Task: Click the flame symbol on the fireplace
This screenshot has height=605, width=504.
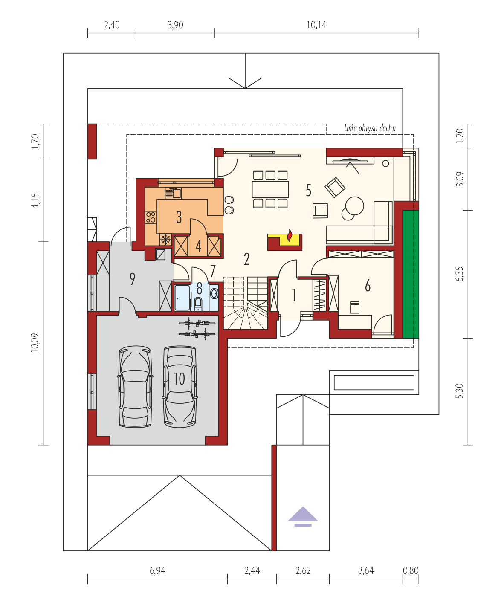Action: pos(289,235)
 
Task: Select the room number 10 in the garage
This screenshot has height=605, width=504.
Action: pos(179,379)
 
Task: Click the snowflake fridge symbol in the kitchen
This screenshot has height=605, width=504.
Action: pos(165,240)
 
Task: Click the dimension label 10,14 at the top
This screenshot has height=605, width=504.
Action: pos(316,25)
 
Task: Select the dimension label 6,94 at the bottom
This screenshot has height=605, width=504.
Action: pos(157,570)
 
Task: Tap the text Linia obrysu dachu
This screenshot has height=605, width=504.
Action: pos(370,128)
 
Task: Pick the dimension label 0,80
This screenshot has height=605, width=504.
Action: pos(411,570)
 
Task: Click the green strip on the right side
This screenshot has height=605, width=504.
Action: pos(410,274)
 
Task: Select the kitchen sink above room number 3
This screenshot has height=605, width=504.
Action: pos(173,193)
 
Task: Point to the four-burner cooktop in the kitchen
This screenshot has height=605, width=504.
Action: pos(151,217)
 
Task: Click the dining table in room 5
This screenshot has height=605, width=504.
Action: pos(270,189)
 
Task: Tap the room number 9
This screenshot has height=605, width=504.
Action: pos(132,279)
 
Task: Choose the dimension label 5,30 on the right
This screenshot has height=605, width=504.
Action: pos(459,391)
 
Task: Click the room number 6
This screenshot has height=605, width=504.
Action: pos(368,286)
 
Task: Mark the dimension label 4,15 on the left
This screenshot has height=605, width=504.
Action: pos(35,200)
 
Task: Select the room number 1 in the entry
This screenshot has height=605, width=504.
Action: pos(294,295)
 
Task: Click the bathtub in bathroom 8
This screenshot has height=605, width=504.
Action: pos(182,298)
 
